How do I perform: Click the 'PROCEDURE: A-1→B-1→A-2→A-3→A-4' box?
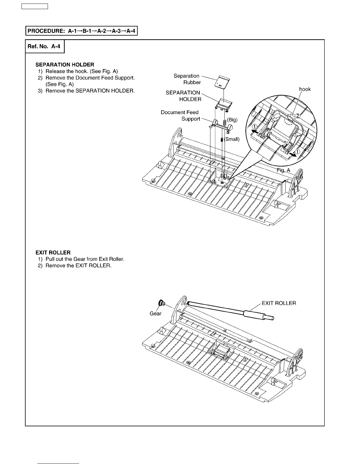[81, 31]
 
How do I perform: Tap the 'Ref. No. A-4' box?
[44, 46]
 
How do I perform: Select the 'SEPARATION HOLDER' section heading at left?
[65, 65]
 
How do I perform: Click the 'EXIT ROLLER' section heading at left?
[53, 253]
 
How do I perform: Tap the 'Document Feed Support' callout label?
[180, 116]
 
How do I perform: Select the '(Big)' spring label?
[232, 120]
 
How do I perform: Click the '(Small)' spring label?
[232, 139]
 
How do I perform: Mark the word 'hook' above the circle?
[305, 89]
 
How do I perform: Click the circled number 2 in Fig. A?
[298, 116]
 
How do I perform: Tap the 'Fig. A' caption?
[283, 170]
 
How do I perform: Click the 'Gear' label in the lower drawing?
[156, 314]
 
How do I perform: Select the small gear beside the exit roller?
[161, 303]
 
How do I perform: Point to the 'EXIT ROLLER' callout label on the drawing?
[279, 303]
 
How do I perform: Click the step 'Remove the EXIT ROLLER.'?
[78, 266]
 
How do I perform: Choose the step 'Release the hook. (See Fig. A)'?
[81, 71]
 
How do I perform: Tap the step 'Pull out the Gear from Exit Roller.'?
[85, 259]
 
